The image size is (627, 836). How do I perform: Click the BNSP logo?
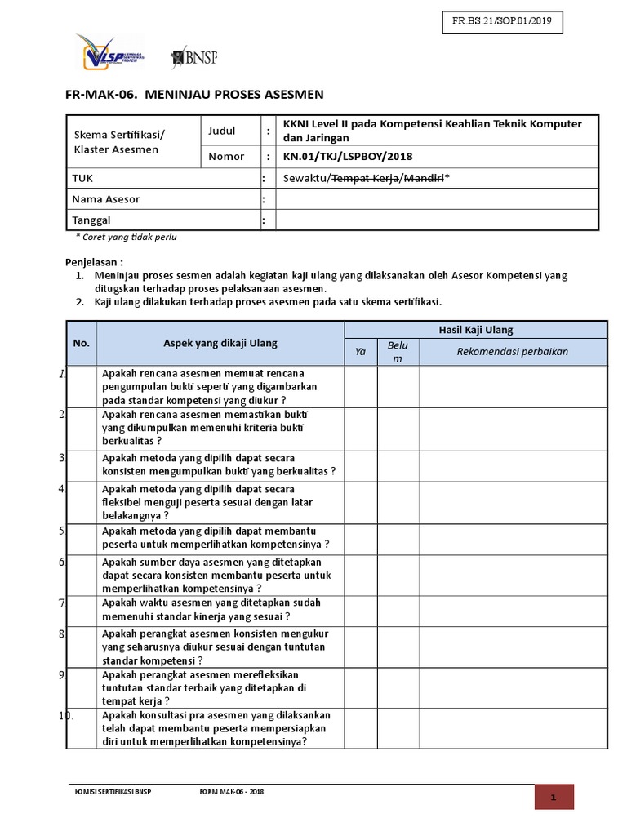click(193, 57)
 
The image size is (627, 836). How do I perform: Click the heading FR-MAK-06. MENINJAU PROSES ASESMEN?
click(194, 94)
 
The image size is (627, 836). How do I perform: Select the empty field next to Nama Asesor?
click(442, 199)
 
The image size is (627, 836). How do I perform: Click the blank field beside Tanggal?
click(442, 220)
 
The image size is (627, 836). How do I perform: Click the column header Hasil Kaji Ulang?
click(476, 330)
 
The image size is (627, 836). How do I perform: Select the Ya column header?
click(360, 352)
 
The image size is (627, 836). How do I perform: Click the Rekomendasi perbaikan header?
click(512, 352)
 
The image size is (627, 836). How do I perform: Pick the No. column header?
click(81, 343)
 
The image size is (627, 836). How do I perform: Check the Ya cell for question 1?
click(360, 387)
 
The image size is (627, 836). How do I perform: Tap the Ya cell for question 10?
click(360, 728)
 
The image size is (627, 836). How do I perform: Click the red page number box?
click(554, 797)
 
